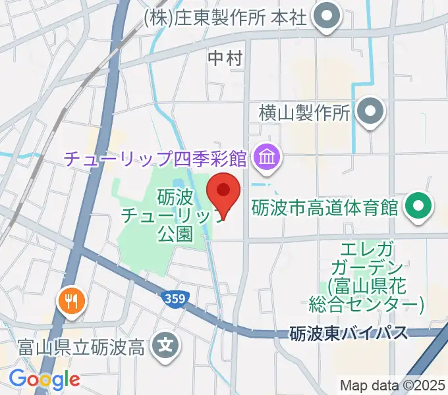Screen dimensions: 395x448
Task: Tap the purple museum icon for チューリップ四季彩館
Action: click(267, 157)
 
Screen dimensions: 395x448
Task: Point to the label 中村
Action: click(225, 59)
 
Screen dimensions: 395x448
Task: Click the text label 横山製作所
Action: click(304, 113)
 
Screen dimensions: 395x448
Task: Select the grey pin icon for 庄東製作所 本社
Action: click(325, 18)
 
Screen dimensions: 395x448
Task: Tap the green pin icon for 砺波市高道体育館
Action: click(418, 207)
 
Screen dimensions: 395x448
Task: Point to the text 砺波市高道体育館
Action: click(325, 208)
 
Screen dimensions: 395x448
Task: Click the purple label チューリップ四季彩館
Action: click(155, 159)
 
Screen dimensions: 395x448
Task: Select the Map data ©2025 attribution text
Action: click(392, 385)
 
